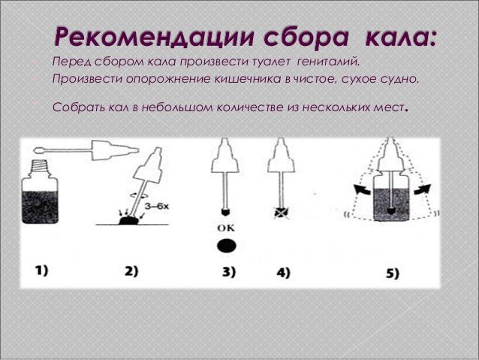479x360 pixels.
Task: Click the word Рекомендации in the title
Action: (154, 38)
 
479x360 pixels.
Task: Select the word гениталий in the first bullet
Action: (329, 62)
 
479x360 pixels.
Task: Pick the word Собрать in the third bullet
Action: (78, 107)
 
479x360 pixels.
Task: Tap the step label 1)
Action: (42, 271)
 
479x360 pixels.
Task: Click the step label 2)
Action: (131, 271)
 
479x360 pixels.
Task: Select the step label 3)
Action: (229, 272)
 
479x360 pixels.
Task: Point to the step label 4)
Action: (283, 273)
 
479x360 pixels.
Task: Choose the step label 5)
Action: (392, 274)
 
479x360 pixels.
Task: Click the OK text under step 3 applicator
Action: (226, 228)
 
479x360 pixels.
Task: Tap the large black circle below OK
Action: (227, 246)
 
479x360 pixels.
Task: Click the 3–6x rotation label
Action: (157, 206)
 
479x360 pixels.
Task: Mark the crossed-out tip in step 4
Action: (281, 213)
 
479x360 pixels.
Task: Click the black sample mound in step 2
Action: (128, 220)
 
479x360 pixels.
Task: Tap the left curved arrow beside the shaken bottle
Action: (363, 189)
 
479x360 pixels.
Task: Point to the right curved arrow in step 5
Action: (423, 189)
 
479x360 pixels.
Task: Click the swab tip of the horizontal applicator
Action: (39, 150)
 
